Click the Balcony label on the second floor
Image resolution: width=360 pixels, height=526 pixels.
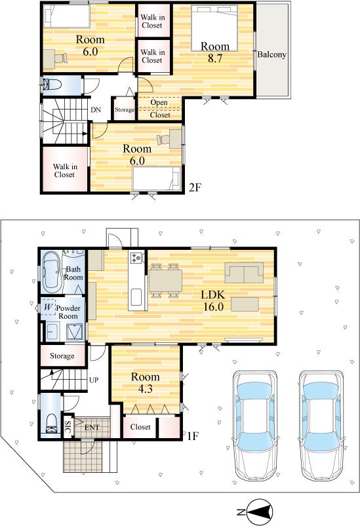271,54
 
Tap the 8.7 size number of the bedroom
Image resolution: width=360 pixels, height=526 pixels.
215,58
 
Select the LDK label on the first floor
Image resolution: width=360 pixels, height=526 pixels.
213,295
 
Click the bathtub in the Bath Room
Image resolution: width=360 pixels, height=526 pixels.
52,271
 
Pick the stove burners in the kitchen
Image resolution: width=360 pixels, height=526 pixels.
136,257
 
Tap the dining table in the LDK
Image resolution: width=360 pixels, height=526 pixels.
165,281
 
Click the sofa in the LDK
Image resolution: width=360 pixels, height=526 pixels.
244,273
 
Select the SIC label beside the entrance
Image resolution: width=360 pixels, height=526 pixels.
68,427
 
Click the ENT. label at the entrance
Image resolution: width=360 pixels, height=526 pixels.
92,428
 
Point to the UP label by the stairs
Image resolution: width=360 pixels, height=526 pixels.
94,380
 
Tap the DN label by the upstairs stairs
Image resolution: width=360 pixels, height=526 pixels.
96,110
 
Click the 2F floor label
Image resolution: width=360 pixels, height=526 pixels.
195,188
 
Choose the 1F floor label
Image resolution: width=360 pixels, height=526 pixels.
193,436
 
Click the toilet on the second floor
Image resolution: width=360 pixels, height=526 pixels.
52,84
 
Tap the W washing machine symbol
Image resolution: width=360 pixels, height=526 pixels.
49,307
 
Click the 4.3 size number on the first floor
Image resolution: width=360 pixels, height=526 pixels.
146,388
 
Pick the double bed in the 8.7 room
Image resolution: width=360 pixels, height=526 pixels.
214,28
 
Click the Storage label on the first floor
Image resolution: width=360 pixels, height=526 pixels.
62,356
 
